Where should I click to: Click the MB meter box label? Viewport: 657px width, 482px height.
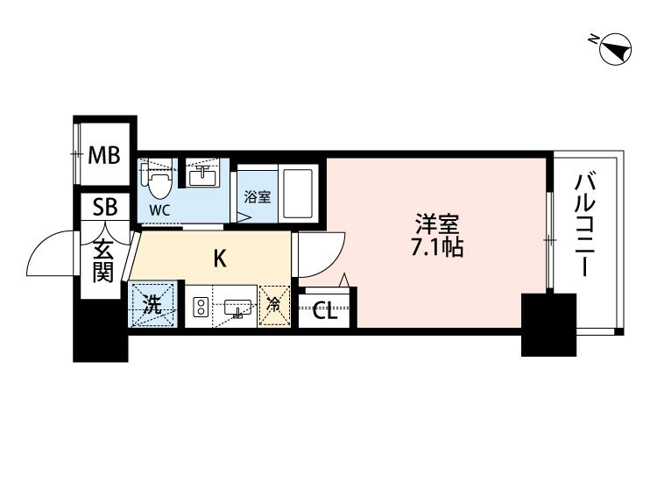click(104, 155)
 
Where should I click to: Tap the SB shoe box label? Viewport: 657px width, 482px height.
click(105, 207)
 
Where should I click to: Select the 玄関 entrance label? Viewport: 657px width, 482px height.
click(103, 261)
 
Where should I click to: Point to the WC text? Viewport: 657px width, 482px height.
click(160, 210)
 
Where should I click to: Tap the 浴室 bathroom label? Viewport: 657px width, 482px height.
click(258, 196)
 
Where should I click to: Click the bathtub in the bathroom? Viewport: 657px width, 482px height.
click(298, 194)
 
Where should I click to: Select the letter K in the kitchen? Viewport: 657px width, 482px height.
click(220, 259)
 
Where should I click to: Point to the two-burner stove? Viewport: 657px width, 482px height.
click(201, 307)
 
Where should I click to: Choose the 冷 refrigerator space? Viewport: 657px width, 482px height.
click(274, 306)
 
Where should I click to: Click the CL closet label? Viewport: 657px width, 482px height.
click(325, 311)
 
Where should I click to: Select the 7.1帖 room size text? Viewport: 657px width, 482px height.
click(437, 248)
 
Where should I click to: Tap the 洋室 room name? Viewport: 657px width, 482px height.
click(437, 224)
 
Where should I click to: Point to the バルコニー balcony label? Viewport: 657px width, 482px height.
click(585, 224)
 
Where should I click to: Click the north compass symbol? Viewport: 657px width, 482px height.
click(615, 48)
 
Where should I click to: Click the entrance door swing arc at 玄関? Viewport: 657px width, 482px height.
click(41, 246)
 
